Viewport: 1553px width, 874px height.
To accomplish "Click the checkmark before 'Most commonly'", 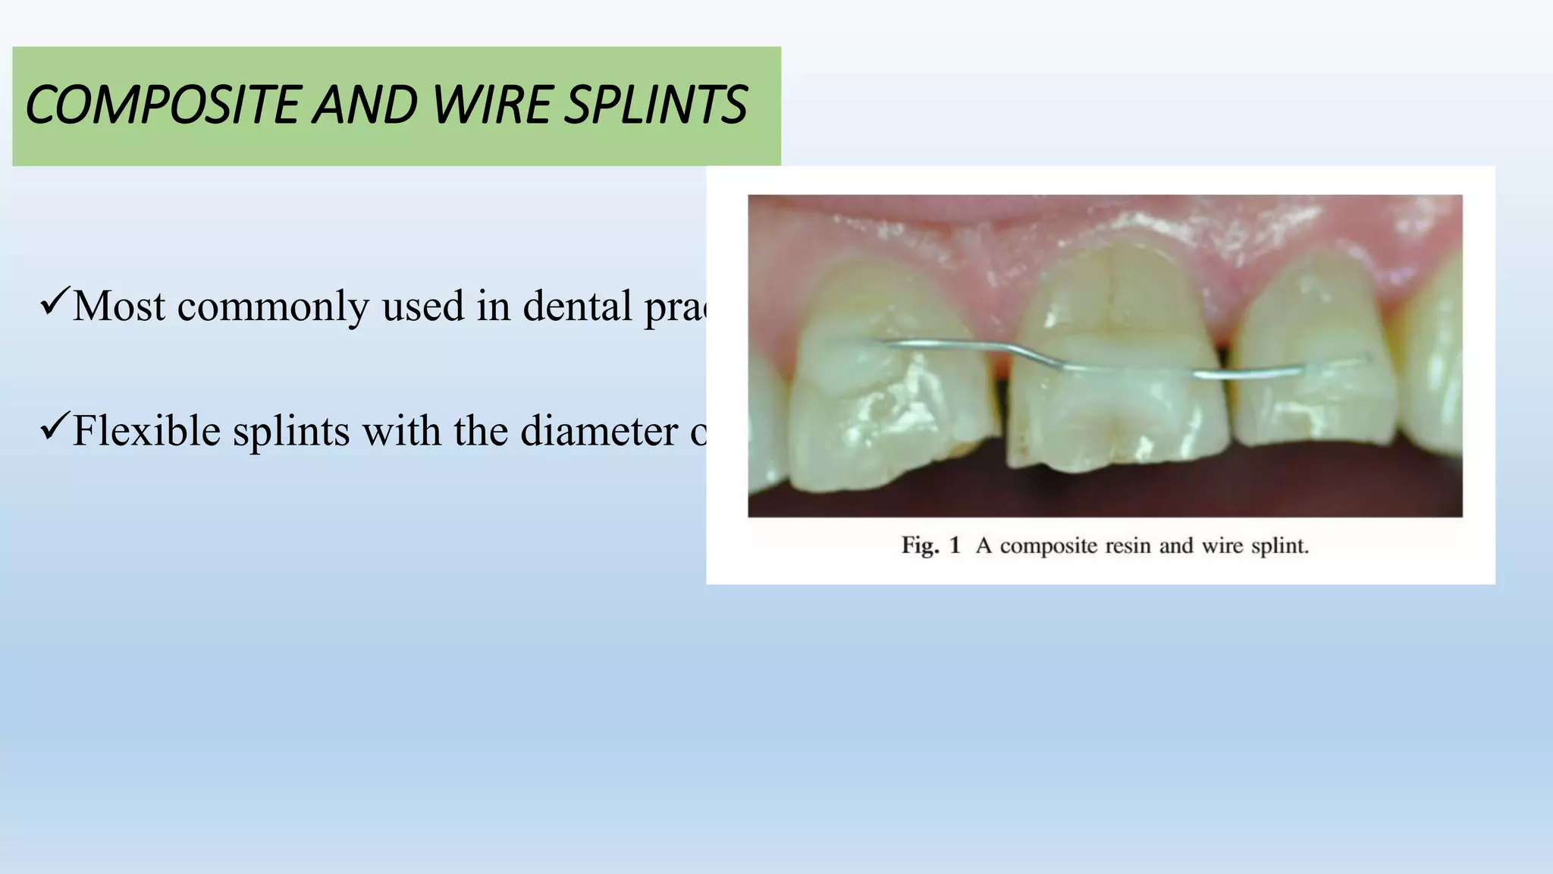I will click(x=55, y=302).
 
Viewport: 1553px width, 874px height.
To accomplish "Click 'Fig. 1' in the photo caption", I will click(x=930, y=545).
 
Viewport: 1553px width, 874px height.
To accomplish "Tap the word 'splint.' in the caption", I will click(x=1279, y=545).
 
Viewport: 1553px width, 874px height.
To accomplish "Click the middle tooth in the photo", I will click(x=1115, y=357).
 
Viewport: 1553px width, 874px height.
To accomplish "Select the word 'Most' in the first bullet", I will click(x=118, y=307).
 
